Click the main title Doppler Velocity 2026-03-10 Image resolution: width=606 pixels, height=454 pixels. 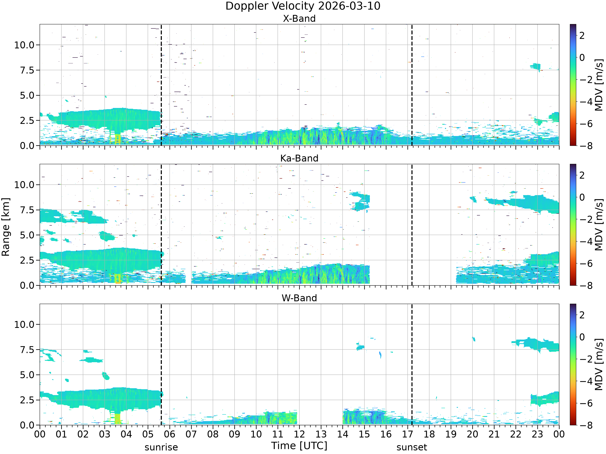303,6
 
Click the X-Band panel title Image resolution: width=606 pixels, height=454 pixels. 299,19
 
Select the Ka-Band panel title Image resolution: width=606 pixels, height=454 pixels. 299,158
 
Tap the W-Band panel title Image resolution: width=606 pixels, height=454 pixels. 299,298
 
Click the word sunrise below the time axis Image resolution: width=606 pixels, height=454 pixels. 161,447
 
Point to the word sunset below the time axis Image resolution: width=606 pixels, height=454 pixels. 412,447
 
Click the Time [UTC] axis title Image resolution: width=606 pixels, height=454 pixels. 299,446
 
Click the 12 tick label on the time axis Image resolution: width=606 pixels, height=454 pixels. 299,434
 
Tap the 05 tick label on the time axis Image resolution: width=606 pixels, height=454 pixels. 148,434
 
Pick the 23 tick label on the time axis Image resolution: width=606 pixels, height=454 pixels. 537,434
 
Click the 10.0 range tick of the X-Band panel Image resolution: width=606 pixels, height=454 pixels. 25,45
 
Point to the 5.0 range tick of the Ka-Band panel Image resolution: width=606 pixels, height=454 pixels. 27,235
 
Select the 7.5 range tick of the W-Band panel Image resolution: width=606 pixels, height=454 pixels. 27,350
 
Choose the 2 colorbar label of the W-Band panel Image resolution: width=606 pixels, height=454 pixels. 582,315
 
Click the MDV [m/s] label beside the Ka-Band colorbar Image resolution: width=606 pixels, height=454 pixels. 599,225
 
